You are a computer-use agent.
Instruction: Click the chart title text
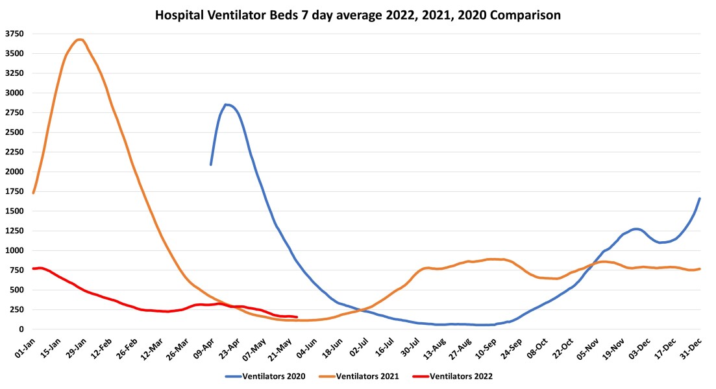(x=358, y=14)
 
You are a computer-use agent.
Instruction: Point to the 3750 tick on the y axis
(x=14, y=34)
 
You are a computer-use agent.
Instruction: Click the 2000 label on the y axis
(x=14, y=172)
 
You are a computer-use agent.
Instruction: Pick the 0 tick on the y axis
(x=21, y=329)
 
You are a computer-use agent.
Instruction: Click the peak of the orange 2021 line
(x=79, y=40)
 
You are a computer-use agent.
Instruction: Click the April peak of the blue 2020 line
(x=226, y=104)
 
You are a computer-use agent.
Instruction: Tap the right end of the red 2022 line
(x=297, y=317)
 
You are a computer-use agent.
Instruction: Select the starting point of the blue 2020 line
(x=211, y=164)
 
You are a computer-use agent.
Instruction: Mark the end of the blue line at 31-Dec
(x=700, y=198)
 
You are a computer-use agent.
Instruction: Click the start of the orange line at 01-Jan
(x=33, y=193)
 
